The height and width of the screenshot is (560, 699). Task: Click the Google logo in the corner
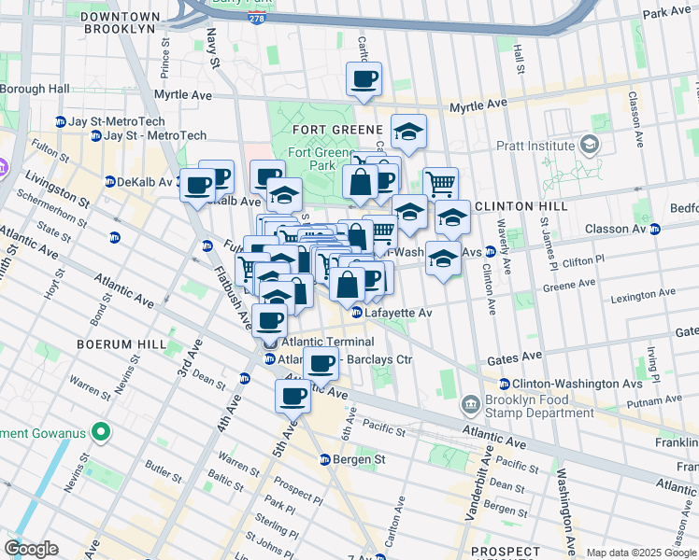pos(31,549)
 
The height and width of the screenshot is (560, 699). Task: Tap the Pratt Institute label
pos(535,147)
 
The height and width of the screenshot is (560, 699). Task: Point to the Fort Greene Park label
pos(311,159)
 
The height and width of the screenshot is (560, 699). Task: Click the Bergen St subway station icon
pos(325,459)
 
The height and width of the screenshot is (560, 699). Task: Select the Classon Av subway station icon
pos(655,229)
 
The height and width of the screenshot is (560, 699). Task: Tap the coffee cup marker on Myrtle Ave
pos(364,79)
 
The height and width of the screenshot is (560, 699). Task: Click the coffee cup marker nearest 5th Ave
pos(292,396)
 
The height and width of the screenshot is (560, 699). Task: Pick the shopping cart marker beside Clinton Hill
pos(440,183)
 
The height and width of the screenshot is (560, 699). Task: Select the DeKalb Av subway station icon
pos(109,182)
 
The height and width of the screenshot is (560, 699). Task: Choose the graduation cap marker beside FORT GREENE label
pos(408,133)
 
